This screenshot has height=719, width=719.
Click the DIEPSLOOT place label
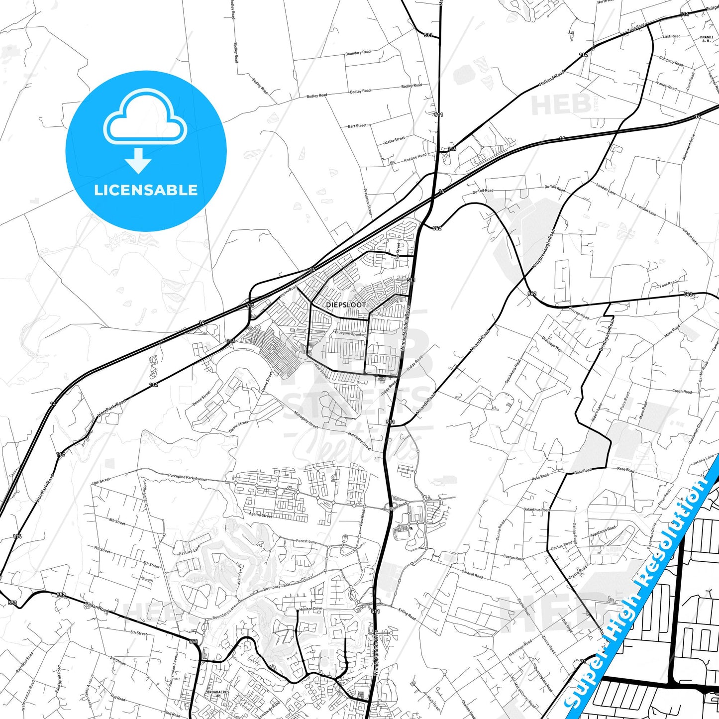[x=346, y=305]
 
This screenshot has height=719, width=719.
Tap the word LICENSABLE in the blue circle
[x=146, y=190]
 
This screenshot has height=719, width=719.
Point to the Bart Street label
[x=357, y=126]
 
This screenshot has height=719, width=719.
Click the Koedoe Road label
[x=415, y=158]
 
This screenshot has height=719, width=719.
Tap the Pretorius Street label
[x=368, y=201]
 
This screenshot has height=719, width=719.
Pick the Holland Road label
[x=552, y=79]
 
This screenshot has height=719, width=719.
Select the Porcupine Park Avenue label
[x=188, y=478]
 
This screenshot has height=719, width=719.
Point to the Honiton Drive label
[x=310, y=609]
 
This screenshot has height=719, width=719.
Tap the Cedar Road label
[x=97, y=608]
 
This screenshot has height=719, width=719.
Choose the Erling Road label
[x=407, y=614]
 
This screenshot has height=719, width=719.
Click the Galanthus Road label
[x=536, y=510]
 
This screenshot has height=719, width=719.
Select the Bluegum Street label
[x=348, y=333]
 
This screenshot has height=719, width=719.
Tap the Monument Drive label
[x=689, y=147]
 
